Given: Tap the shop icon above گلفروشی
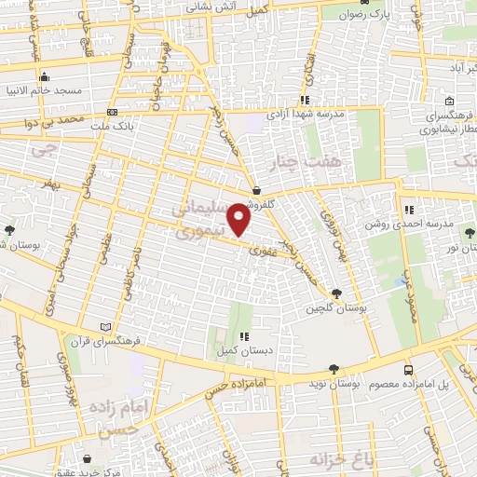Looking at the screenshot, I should coord(256,191).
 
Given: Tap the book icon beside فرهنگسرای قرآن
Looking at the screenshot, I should coord(105,327).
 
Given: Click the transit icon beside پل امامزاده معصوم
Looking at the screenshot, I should coord(410,370).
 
